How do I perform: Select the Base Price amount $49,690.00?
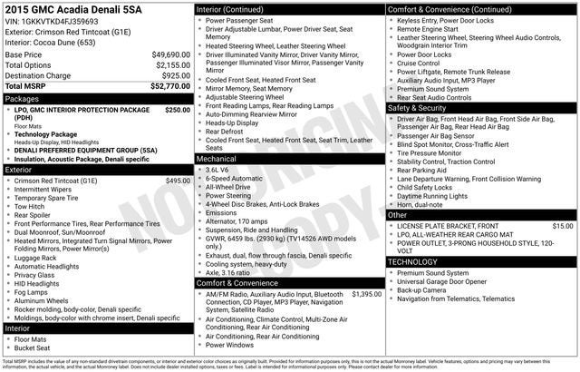click(170, 54)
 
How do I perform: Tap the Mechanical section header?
click(217, 158)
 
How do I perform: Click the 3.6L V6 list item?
click(217, 170)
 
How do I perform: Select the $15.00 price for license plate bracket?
click(563, 225)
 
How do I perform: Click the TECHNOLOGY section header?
click(418, 261)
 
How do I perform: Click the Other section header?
click(400, 214)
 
